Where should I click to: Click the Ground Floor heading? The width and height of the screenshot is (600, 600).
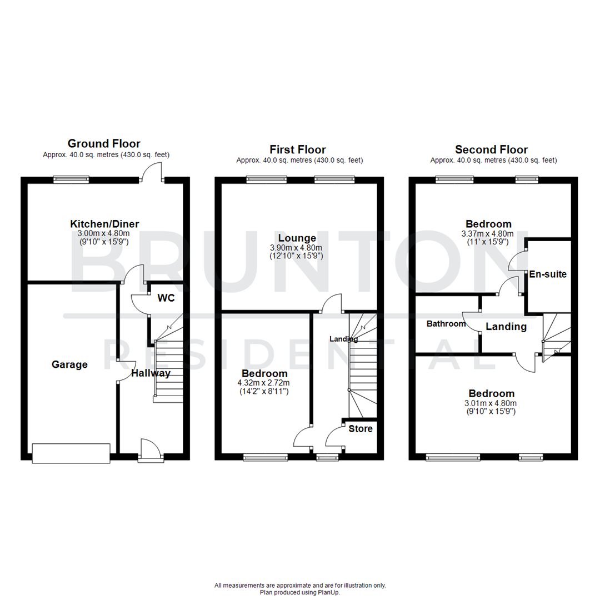tap(104, 144)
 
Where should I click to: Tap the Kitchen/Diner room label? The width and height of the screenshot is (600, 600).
tap(104, 224)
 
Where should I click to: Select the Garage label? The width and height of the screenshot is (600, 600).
tap(69, 364)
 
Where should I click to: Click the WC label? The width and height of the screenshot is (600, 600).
tap(166, 298)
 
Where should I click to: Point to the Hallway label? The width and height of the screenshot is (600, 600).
tap(151, 373)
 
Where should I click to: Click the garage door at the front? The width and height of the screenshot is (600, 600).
tap(71, 453)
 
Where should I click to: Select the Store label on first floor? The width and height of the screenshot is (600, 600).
tap(361, 429)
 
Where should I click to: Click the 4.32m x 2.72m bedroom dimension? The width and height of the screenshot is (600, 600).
tap(264, 383)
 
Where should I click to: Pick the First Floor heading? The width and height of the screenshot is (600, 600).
tap(298, 149)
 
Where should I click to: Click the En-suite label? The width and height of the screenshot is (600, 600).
tap(548, 274)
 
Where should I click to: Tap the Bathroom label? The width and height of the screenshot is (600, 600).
tap(446, 323)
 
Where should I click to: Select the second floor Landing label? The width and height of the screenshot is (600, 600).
tap(506, 327)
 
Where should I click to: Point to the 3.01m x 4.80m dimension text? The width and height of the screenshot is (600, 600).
tap(491, 403)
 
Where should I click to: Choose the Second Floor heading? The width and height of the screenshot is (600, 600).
tap(491, 149)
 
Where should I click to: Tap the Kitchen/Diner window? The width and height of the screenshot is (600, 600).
tap(71, 179)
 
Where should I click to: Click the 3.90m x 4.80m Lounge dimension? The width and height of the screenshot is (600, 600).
tap(298, 248)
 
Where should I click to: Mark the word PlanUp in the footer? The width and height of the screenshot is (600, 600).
tap(329, 592)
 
